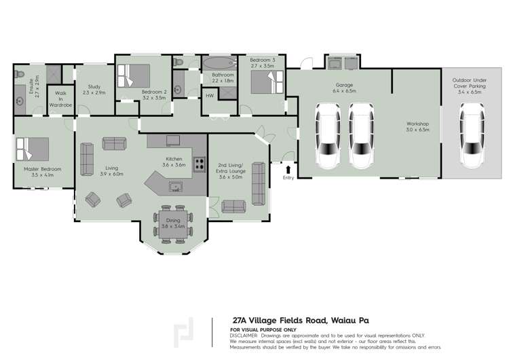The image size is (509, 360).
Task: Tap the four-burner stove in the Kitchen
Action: (200, 163)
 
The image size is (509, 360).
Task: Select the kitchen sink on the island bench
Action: (176, 185)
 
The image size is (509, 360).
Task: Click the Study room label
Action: (90, 86)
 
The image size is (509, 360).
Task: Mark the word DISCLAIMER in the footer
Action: (244, 336)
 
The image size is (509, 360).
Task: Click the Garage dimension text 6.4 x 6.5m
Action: (345, 90)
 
